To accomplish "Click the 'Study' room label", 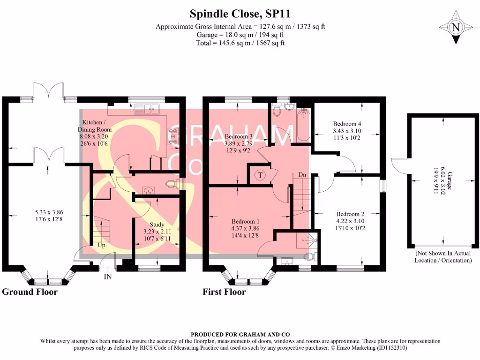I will click(x=157, y=225).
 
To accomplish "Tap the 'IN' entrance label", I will click(x=108, y=277).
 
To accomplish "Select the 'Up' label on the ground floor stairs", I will click(x=101, y=245).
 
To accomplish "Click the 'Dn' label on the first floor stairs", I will click(x=303, y=175).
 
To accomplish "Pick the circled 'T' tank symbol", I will click(x=259, y=175).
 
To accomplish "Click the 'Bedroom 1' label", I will click(x=245, y=221).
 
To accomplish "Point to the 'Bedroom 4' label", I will click(x=347, y=124).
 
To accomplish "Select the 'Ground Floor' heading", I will click(x=30, y=292).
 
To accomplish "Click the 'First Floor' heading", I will click(x=224, y=292).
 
